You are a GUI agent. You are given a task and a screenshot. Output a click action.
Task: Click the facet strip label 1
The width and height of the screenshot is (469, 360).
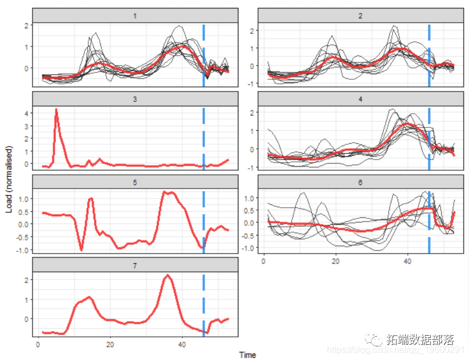coord(135,15)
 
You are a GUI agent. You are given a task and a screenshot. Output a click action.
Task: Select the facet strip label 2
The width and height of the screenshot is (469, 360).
coord(361,15)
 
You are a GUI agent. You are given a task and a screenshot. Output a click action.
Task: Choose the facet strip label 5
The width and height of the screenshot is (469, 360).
coord(135,182)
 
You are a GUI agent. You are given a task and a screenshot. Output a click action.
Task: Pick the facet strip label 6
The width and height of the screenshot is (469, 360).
coord(361,182)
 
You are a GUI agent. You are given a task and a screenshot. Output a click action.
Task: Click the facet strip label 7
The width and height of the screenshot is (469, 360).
coord(135,265)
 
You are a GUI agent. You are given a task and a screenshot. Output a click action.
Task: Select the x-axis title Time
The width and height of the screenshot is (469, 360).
coord(248,355)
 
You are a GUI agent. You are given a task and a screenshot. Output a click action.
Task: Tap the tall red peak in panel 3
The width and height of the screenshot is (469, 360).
coord(56,110)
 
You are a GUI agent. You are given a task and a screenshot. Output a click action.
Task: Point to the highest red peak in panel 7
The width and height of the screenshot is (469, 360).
coord(168,276)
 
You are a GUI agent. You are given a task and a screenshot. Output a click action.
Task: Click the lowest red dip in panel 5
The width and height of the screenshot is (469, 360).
coord(81,249)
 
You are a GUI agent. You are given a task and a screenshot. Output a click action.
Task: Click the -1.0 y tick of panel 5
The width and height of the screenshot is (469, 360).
coord(22,250)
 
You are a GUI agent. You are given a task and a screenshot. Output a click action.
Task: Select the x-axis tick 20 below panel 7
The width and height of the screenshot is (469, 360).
coord(110,344)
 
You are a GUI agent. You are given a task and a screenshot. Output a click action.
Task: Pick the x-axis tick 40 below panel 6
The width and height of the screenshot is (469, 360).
coord(408,262)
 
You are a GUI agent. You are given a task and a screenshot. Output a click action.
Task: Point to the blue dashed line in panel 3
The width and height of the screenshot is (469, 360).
coord(203,136)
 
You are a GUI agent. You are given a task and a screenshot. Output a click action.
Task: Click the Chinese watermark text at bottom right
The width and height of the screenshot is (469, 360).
coord(419,340)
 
